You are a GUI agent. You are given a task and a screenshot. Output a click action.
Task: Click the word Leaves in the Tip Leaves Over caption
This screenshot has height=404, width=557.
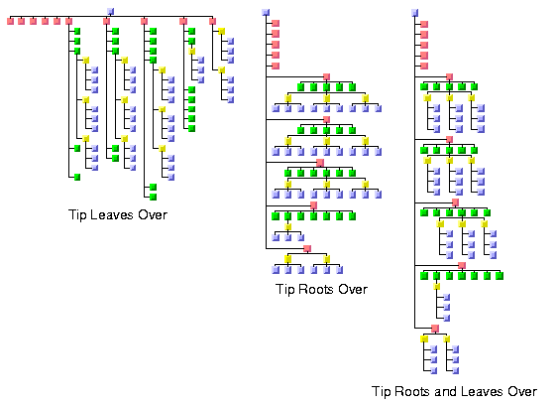point(111,214)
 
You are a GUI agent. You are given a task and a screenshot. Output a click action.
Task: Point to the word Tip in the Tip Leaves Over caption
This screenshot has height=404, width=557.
point(76,215)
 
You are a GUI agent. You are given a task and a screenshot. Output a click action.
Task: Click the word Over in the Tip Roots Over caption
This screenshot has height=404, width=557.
point(353,289)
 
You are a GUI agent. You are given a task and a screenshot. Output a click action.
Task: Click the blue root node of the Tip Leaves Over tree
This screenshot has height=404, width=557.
point(110,11)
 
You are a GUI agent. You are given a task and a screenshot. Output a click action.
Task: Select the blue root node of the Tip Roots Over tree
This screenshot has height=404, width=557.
point(266,12)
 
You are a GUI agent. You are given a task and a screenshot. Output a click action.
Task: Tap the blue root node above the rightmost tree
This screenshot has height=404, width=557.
point(414,13)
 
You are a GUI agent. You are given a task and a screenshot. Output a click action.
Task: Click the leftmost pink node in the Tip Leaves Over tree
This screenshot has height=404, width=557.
point(10,21)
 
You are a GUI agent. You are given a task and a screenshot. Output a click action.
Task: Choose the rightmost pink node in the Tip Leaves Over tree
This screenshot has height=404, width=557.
point(212,21)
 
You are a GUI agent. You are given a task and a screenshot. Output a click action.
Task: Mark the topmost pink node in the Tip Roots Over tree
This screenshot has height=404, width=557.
point(276,24)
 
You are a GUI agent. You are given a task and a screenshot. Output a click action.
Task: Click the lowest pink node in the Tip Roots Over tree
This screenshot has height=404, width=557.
point(307,248)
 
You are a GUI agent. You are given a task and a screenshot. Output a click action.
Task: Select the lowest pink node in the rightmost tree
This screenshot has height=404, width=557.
point(435,329)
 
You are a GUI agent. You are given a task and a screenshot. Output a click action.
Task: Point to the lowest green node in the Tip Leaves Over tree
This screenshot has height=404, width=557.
point(153,197)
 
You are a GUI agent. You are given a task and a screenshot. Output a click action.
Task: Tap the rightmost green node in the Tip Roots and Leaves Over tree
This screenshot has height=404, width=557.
point(500,276)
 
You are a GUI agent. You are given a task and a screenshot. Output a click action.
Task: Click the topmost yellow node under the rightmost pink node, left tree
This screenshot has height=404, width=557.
point(221,32)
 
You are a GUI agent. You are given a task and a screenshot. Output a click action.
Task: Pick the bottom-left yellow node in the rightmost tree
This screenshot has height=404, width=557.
point(424,338)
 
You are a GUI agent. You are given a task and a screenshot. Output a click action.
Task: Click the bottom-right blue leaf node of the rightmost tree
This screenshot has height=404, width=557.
point(455,370)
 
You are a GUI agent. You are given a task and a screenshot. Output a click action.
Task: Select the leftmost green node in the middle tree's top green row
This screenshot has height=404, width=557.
point(301,87)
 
